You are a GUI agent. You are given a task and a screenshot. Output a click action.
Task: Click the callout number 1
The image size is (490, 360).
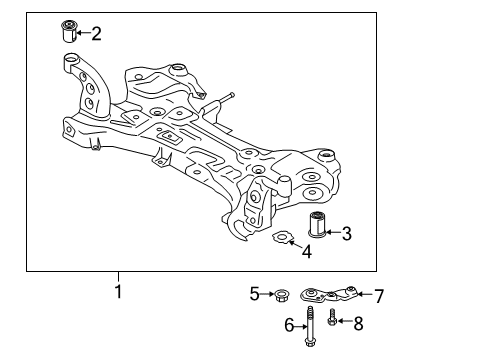click(x=117, y=293)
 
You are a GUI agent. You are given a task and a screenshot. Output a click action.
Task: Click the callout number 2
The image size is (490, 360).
click(x=96, y=34)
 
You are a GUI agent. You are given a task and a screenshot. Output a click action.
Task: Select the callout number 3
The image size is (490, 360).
click(x=347, y=234)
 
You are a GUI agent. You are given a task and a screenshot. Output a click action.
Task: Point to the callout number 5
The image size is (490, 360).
click(x=254, y=293)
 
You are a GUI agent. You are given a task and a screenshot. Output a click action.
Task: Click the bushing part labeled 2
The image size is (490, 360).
click(x=71, y=31)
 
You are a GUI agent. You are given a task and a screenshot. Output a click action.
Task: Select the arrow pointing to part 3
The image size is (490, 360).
click(x=335, y=234)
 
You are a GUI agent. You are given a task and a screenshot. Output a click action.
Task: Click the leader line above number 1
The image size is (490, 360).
click(x=117, y=278)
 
